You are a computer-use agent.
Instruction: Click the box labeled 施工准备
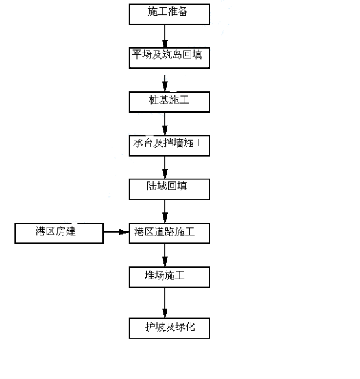169,14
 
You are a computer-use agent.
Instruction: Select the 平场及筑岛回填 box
169,58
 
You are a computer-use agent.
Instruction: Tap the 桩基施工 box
169,102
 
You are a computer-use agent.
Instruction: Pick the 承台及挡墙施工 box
169,146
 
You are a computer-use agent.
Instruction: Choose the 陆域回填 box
169,189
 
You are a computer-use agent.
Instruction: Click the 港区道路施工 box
169,233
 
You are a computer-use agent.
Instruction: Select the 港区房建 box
59,233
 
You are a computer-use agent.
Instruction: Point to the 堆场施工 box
169,277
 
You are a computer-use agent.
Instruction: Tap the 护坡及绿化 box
169,328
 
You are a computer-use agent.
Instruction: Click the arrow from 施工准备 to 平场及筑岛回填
165,36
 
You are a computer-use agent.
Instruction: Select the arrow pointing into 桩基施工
165,83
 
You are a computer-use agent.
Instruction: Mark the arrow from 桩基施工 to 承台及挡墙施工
165,124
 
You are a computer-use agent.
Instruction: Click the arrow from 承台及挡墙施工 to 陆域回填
165,168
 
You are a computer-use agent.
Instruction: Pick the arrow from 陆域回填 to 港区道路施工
165,211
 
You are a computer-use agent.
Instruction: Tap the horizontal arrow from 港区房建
116,232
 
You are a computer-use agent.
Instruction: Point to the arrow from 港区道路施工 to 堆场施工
165,255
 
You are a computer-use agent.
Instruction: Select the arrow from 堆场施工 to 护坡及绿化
165,303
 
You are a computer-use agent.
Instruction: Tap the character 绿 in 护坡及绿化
180,327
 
